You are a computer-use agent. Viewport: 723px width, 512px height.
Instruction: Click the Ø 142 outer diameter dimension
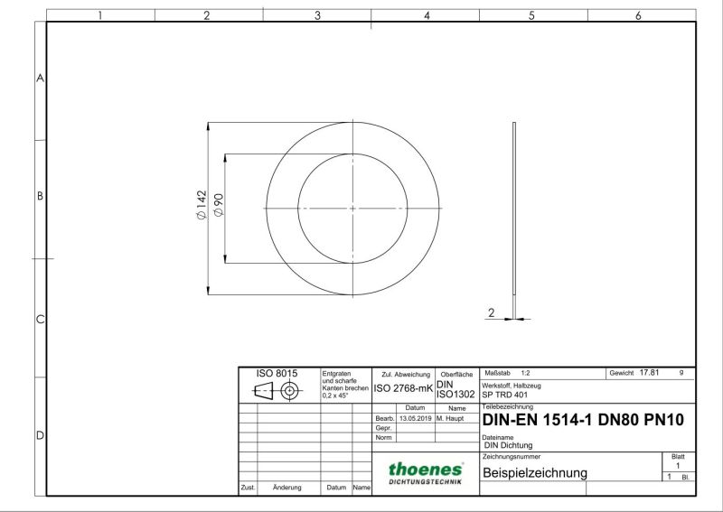click(x=202, y=205)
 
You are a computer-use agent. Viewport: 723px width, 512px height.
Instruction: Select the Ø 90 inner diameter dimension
click(x=219, y=205)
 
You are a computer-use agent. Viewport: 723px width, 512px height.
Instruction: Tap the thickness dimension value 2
click(x=491, y=313)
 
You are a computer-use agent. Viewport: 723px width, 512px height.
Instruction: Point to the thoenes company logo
click(x=426, y=473)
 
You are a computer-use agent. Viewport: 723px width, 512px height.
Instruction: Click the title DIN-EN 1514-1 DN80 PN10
click(x=583, y=420)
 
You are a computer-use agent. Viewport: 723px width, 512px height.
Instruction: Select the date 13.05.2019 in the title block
click(x=416, y=418)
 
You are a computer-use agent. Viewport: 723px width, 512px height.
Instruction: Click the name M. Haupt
click(x=450, y=418)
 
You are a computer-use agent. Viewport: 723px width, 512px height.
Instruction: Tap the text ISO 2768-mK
click(x=403, y=388)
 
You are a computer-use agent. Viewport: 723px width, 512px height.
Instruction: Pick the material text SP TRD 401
click(x=505, y=395)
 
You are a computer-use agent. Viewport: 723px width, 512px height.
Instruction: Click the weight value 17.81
click(x=649, y=372)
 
